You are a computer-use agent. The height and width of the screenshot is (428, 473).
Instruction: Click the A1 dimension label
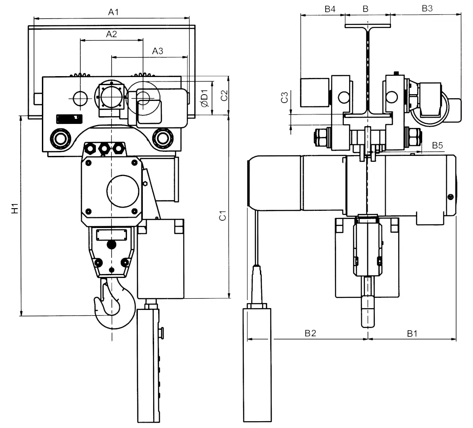point(114,12)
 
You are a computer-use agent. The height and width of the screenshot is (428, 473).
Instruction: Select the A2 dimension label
point(111,34)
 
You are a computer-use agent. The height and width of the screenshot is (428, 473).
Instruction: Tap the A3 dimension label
point(158,51)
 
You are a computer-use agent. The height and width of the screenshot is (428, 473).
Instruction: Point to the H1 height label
point(15,209)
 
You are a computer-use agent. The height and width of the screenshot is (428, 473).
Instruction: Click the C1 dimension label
point(223,216)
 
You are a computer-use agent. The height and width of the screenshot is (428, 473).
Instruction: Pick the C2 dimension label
point(224,96)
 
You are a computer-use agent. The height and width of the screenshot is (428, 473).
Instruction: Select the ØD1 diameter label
point(205,98)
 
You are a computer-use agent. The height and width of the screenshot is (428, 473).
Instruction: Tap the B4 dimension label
point(330,9)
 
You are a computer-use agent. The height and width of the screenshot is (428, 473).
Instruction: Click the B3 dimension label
point(427,9)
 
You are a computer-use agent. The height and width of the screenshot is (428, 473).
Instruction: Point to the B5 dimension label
point(437,146)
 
